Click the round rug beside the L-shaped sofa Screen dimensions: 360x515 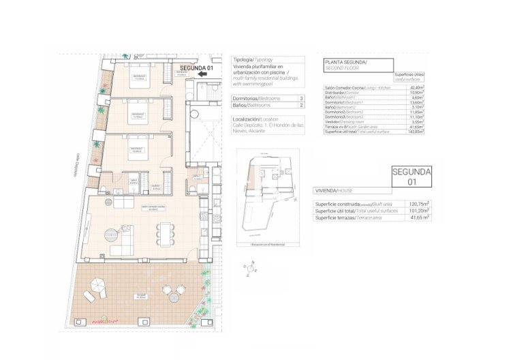(x=109, y=233)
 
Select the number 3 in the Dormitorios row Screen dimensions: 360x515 (x=300, y=100)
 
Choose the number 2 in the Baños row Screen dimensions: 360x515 (x=300, y=106)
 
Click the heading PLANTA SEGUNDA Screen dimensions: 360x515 (x=346, y=62)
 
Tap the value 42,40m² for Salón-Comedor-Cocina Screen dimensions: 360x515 (x=416, y=87)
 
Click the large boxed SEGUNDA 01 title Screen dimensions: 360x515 (x=411, y=177)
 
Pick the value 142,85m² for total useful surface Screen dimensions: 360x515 (x=416, y=132)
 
